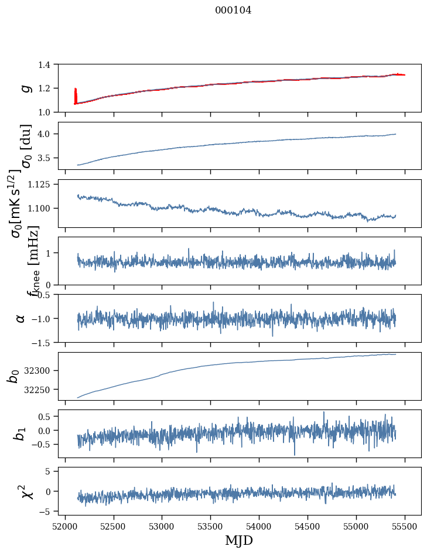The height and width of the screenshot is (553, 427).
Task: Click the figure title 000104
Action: tap(233, 11)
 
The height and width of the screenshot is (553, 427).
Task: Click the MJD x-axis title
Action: tap(239, 540)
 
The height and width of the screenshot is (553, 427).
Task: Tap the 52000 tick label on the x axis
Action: tap(65, 525)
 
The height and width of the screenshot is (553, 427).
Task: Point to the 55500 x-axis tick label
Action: tap(405, 525)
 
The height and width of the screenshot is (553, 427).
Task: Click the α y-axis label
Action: tap(21, 318)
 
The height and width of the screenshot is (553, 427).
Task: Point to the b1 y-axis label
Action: tap(21, 434)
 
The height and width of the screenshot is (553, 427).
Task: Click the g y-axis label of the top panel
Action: tap(24, 88)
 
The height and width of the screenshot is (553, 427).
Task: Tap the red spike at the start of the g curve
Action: tap(76, 94)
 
